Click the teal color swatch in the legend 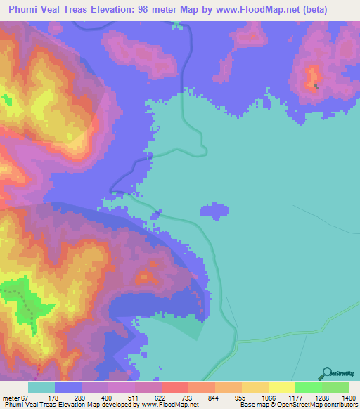tap(41, 387)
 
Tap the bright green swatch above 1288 tap(308, 387)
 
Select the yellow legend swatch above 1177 tap(281, 387)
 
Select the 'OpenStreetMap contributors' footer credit tap(318, 405)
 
